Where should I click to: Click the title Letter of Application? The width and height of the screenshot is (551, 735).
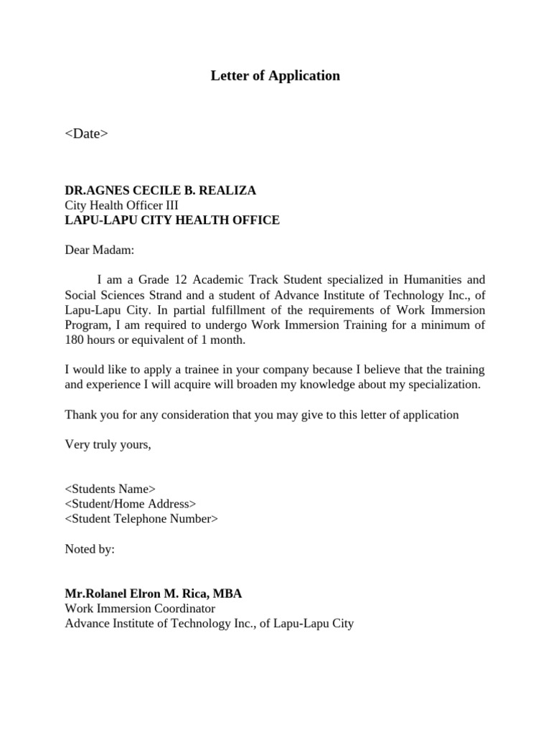click(x=275, y=75)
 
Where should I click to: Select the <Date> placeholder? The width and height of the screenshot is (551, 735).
click(x=86, y=133)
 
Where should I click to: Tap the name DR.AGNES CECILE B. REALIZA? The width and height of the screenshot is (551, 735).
click(x=160, y=190)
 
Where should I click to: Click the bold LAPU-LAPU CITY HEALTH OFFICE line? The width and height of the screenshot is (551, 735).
click(x=172, y=220)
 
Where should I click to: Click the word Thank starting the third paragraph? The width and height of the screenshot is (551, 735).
click(x=80, y=414)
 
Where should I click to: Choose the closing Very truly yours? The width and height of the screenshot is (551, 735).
click(x=108, y=444)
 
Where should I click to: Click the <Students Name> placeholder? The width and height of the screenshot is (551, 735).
click(x=110, y=489)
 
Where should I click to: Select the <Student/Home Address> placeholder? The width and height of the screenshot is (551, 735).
click(x=130, y=504)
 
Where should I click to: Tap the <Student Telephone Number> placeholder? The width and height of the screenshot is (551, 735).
click(x=141, y=519)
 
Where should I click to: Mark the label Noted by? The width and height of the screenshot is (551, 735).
click(x=90, y=549)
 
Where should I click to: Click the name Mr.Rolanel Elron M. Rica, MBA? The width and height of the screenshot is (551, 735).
click(x=154, y=594)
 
